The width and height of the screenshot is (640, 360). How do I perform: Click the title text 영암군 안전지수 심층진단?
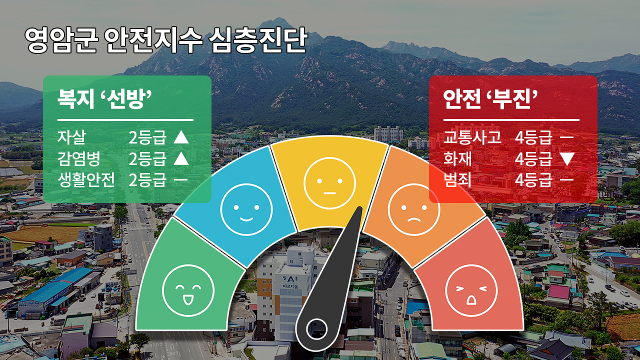coord(165,40)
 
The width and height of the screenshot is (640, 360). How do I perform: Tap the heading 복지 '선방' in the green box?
coord(104,99)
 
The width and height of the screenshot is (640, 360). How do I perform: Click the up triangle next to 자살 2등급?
coord(181,137)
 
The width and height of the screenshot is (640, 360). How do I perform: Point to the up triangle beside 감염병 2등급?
coord(181,158)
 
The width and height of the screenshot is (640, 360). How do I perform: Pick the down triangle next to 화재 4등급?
coord(567,159)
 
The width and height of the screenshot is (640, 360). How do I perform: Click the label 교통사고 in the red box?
coord(472,137)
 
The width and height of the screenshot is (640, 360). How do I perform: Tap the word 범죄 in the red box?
coord(457,180)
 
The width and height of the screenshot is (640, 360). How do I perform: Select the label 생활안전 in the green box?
coord(86,180)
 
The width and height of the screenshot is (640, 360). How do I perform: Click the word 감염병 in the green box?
coord(79,158)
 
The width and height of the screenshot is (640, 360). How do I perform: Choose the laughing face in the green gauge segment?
coord(188,290)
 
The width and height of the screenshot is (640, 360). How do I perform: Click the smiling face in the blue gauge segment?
coord(246,209)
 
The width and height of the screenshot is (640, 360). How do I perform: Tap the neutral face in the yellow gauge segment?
coord(329,183)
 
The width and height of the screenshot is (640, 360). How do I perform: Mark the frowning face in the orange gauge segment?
coord(414,209)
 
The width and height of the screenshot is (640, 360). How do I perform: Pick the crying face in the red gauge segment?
coord(471,290)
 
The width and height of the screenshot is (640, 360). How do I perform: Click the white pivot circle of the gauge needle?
coord(316,329)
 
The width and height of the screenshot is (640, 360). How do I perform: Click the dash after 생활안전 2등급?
coord(180,180)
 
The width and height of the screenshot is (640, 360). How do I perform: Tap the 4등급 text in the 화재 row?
coord(533,159)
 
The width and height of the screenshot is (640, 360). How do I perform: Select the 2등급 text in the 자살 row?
coord(147,137)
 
